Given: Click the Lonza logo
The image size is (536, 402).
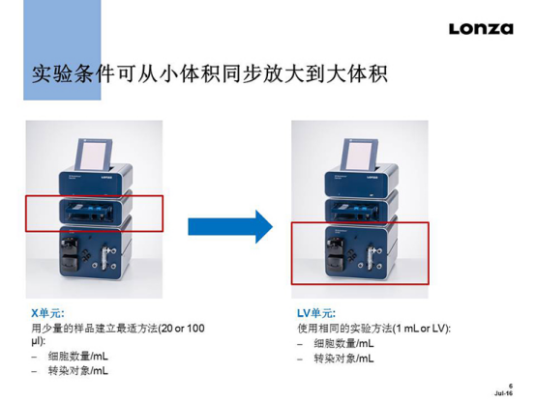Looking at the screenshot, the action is click(481, 29).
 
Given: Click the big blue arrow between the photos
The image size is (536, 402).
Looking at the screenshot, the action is click(230, 226).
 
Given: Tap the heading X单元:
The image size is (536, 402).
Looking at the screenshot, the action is click(47, 313).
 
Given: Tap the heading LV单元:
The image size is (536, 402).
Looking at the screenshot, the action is click(316, 313).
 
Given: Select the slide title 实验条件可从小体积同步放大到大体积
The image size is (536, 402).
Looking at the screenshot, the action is click(210, 73).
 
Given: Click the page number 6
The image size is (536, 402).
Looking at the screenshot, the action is click(511, 387).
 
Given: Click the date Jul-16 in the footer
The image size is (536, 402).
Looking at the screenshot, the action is click(503, 393).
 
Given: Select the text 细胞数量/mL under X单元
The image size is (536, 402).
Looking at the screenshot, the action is click(78, 357).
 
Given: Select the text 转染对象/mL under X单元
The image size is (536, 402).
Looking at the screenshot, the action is click(78, 371).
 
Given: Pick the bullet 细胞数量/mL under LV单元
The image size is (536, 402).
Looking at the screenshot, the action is click(343, 343).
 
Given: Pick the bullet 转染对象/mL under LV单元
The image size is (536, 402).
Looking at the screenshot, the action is click(343, 359).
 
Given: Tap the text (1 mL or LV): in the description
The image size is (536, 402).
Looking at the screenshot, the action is click(421, 329).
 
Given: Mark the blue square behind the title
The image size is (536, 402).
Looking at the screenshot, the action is click(62, 50).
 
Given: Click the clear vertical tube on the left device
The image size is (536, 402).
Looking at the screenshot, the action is click(104, 259).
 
